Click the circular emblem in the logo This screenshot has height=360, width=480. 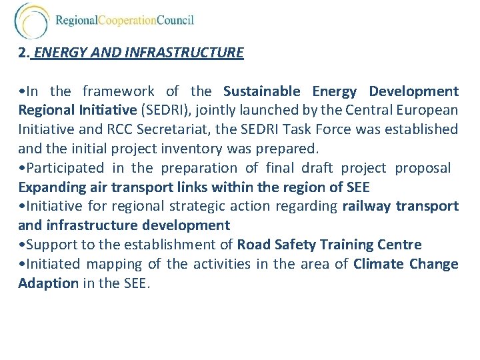coord(31,21)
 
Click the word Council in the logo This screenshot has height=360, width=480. coord(175,21)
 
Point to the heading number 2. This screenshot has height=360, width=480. coord(24,53)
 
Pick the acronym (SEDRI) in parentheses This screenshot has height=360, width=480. coord(161,111)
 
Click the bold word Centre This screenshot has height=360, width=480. coord(399,245)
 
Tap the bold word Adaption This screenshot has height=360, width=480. coord(48,283)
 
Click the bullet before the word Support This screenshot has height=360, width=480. coord(21,245)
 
